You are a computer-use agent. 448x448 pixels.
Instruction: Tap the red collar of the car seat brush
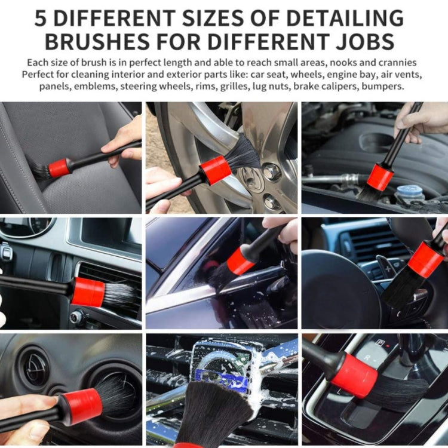[59, 168]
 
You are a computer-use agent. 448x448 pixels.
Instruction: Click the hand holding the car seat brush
[122, 143]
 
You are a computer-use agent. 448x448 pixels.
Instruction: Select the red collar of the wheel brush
[215, 170]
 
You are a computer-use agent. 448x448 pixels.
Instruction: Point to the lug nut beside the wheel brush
[272, 172]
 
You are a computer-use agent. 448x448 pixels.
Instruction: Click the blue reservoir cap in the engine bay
[409, 193]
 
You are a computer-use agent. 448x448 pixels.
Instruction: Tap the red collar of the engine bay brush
[380, 177]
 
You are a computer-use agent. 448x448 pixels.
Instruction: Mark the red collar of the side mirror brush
[240, 261]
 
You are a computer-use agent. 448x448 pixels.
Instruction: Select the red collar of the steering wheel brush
[425, 260]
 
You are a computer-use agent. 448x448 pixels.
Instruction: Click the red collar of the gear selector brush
[354, 376]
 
